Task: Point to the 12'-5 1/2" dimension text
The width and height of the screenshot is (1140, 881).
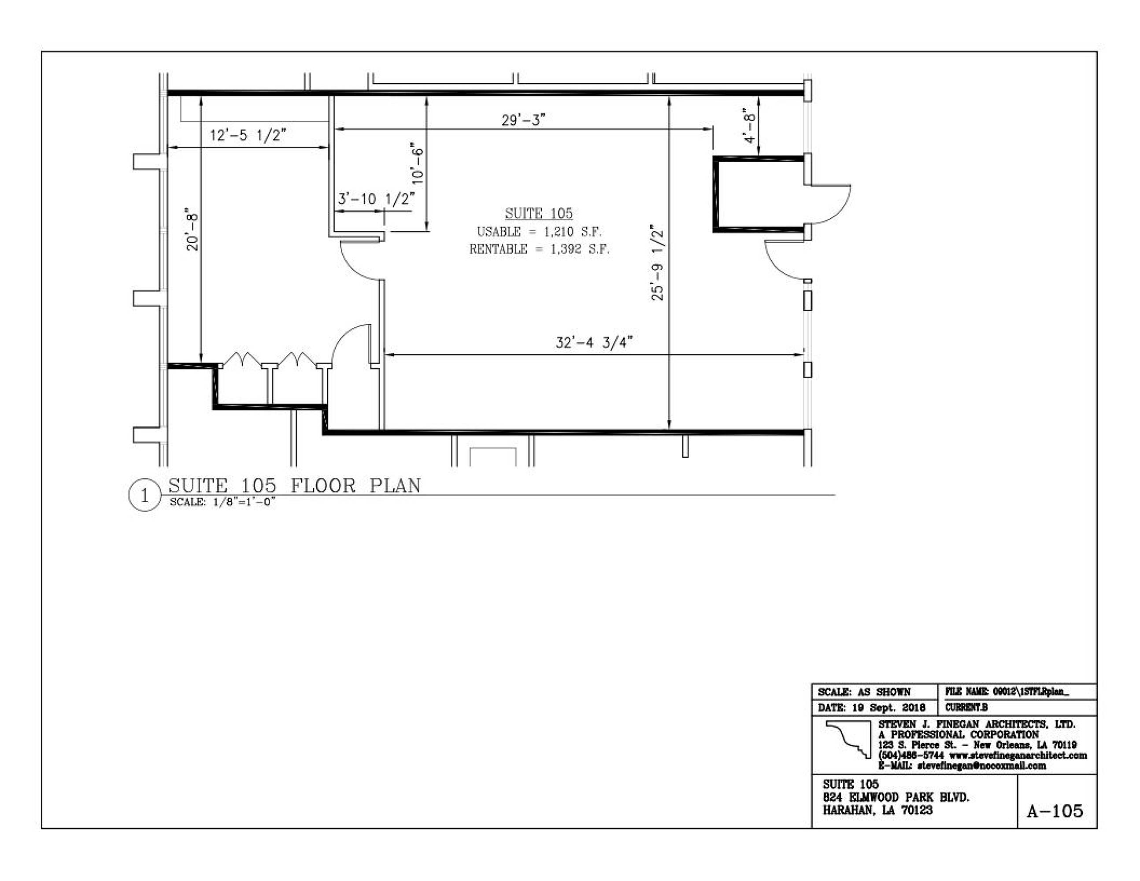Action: tap(248, 135)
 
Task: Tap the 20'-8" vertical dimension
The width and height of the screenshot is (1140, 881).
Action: tap(192, 232)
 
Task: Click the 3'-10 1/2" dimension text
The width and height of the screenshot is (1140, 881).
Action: tap(376, 199)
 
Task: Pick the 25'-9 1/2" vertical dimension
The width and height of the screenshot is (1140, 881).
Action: tap(657, 263)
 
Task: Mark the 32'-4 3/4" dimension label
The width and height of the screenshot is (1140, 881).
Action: tap(594, 342)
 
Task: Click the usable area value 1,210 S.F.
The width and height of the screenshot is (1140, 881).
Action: tap(573, 232)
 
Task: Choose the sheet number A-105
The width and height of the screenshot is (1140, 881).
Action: tap(1055, 811)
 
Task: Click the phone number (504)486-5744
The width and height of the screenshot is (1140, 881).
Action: tap(911, 755)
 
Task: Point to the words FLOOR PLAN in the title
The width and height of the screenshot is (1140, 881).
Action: tap(355, 486)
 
